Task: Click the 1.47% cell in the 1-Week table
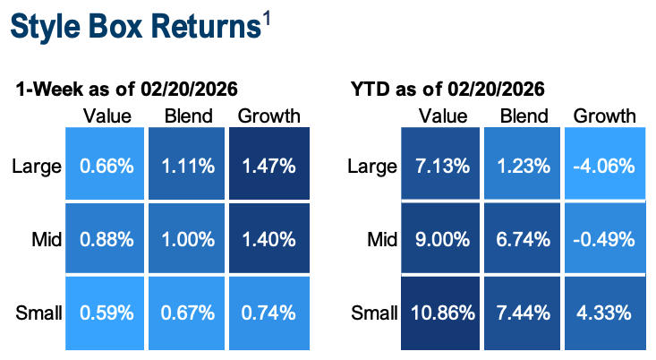click(x=268, y=166)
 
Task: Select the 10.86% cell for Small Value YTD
click(x=443, y=313)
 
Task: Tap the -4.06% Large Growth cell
click(x=604, y=166)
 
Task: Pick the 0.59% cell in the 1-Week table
click(x=106, y=313)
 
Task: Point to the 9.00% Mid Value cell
click(x=443, y=239)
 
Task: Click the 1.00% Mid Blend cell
click(x=187, y=239)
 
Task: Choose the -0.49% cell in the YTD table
click(x=604, y=239)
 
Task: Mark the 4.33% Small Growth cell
click(x=604, y=313)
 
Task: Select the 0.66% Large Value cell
click(x=106, y=166)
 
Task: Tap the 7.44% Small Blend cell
click(x=524, y=313)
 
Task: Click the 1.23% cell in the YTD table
click(x=524, y=166)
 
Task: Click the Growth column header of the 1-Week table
click(x=268, y=116)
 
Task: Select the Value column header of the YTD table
click(x=443, y=116)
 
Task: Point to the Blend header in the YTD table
click(x=524, y=116)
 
